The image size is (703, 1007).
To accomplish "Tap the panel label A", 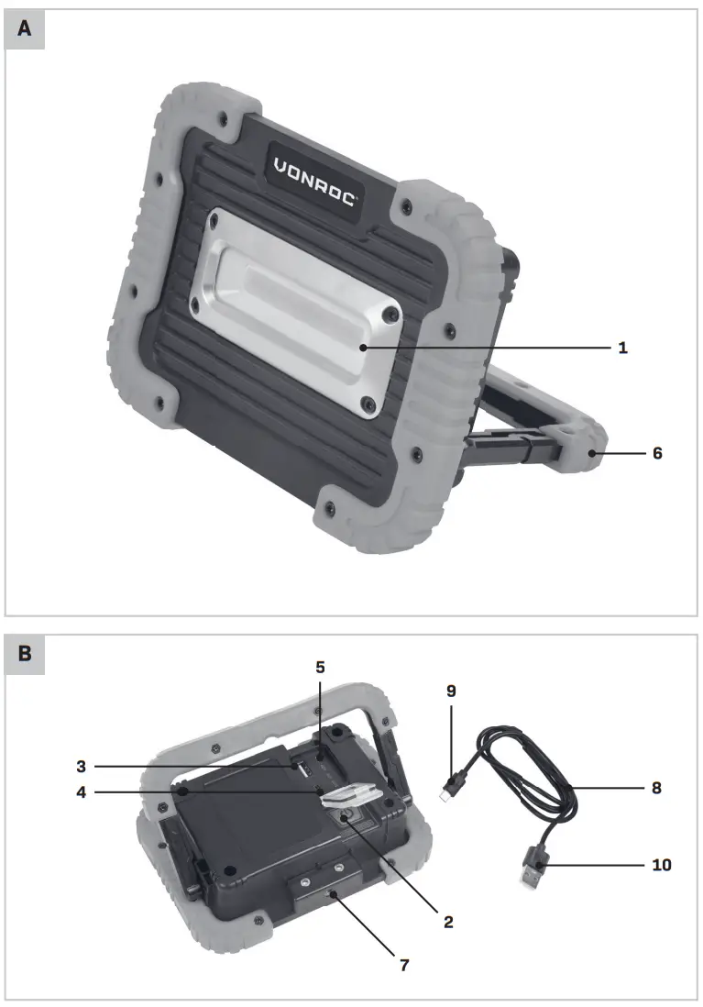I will [x=25, y=29].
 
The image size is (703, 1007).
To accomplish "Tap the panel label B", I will [x=25, y=655].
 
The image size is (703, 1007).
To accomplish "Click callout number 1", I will [x=622, y=349].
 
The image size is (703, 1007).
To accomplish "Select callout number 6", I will [x=656, y=453].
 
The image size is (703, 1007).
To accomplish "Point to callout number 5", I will [x=320, y=667].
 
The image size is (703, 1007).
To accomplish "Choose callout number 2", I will [x=448, y=921].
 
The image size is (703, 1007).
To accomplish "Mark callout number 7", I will [x=404, y=965].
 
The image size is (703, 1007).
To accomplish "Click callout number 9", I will [x=450, y=692].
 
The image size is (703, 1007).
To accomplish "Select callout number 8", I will [x=656, y=787].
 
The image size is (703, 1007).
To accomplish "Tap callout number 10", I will [x=662, y=864].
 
